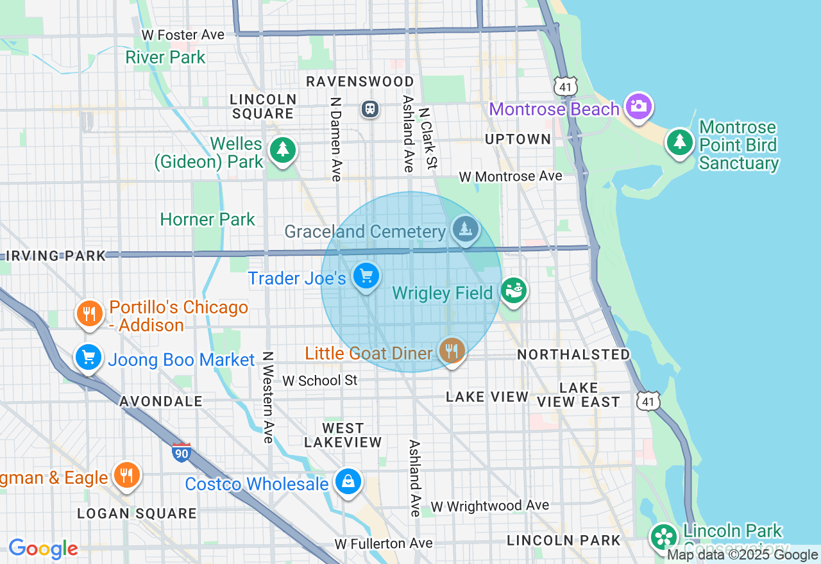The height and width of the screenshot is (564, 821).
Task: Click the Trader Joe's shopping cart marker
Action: pyautogui.click(x=366, y=277)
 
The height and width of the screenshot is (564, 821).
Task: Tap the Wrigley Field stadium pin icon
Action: pyautogui.click(x=513, y=290)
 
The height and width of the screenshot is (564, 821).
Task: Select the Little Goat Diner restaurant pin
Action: pyautogui.click(x=453, y=351)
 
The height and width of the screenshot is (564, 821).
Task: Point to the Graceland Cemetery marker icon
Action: pyautogui.click(x=465, y=229)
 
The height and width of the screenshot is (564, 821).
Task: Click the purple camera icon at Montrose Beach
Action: pyautogui.click(x=639, y=106)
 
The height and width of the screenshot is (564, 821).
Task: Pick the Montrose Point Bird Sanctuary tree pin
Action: pyautogui.click(x=679, y=141)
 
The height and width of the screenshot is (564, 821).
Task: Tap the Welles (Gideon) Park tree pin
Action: pyautogui.click(x=282, y=150)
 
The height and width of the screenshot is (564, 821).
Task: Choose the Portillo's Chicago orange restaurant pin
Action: pyautogui.click(x=90, y=314)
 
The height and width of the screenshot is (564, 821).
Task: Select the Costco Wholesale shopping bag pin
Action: pyautogui.click(x=348, y=481)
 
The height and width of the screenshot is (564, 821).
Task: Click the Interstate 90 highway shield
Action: pyautogui.click(x=182, y=452)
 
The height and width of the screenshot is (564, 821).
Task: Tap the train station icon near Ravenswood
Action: pyautogui.click(x=370, y=108)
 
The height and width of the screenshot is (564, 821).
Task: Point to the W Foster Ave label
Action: pyautogui.click(x=183, y=35)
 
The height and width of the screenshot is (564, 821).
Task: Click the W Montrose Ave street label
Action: pyautogui.click(x=511, y=176)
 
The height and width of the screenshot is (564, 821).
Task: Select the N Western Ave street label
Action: pyautogui.click(x=268, y=397)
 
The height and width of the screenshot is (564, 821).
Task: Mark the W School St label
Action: pyautogui.click(x=320, y=380)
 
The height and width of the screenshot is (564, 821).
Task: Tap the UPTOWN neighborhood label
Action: pyautogui.click(x=518, y=139)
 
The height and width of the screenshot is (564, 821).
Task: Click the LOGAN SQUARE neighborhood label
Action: pyautogui.click(x=137, y=513)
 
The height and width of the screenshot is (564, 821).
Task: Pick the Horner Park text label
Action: pyautogui.click(x=207, y=219)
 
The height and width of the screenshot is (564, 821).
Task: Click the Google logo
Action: pyautogui.click(x=43, y=549)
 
